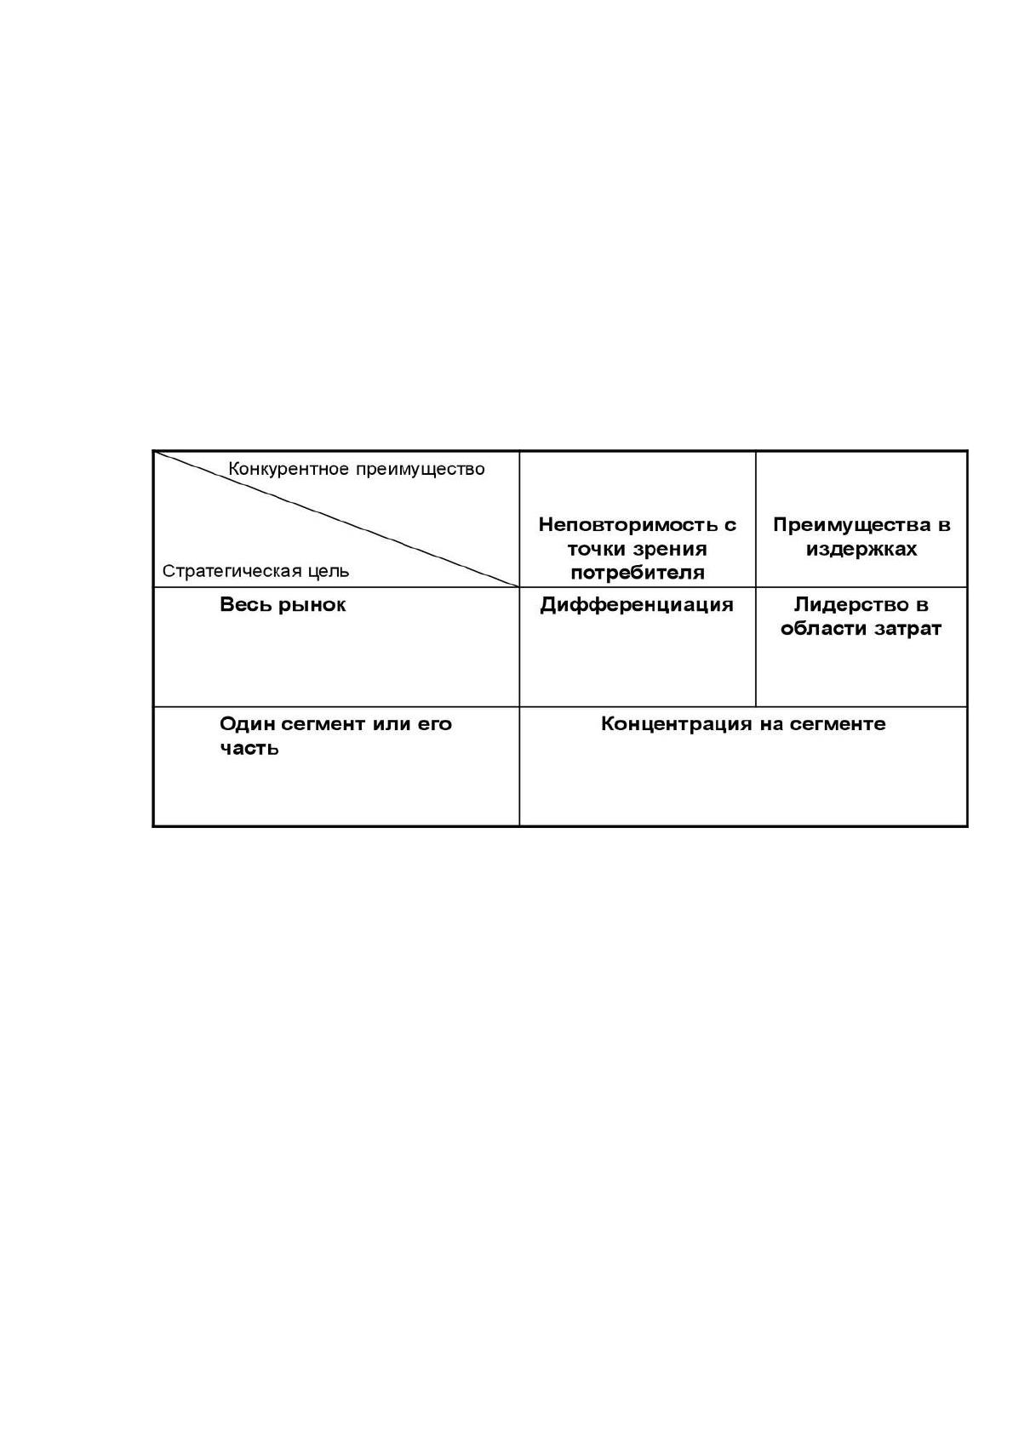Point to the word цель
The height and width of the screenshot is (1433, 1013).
click(x=329, y=572)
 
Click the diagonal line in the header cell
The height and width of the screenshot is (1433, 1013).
click(x=336, y=519)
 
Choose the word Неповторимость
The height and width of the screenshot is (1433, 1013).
click(x=630, y=525)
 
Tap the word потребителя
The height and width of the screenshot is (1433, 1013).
click(x=638, y=574)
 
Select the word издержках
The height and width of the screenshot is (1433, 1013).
click(x=861, y=550)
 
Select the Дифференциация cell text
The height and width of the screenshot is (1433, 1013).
click(x=637, y=606)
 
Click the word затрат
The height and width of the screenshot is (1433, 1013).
click(x=907, y=630)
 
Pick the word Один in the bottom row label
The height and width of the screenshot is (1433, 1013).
click(x=247, y=725)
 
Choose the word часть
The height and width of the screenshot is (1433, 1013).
click(x=249, y=749)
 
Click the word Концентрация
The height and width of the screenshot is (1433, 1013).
click(x=677, y=725)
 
